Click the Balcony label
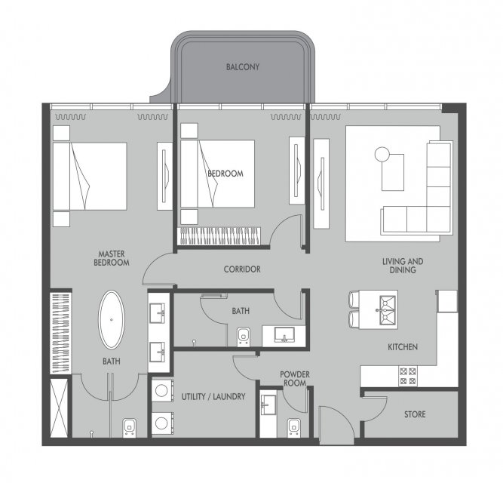(243, 67)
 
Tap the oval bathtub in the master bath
(112, 320)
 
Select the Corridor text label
(242, 269)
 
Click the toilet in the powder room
(294, 427)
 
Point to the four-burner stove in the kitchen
(408, 376)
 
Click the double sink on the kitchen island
(387, 310)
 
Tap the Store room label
(415, 414)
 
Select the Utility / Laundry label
(213, 397)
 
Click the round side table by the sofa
(382, 155)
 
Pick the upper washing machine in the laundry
(162, 391)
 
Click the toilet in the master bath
(129, 428)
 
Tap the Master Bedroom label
(112, 258)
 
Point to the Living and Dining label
(403, 266)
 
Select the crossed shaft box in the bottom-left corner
(59, 408)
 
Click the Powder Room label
(295, 379)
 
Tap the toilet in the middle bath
(244, 337)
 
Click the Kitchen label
(403, 347)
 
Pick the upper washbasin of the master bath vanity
(158, 313)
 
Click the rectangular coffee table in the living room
(393, 172)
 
